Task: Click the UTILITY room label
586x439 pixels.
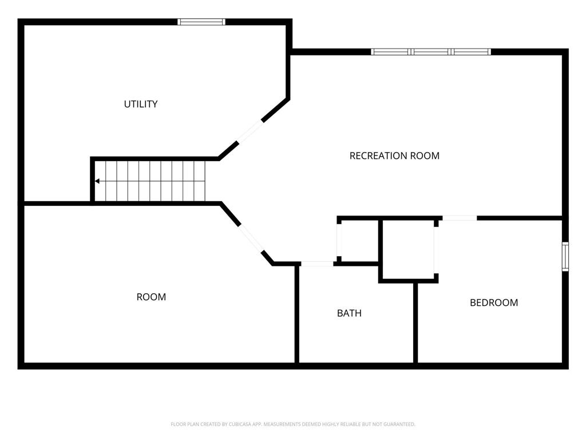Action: click(141, 104)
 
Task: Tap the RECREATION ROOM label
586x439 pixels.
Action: click(394, 155)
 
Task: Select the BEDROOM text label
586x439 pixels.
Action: click(494, 302)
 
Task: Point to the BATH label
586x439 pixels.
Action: click(349, 313)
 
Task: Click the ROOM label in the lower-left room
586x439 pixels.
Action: click(151, 297)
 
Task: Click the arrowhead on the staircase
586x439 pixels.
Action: click(97, 181)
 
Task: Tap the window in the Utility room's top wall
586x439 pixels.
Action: click(201, 22)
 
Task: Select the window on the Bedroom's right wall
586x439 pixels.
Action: click(565, 256)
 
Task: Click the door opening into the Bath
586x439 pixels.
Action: click(317, 264)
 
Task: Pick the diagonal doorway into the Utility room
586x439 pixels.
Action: click(250, 131)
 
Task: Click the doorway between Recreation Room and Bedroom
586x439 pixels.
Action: click(460, 218)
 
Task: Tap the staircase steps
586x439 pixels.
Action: click(149, 181)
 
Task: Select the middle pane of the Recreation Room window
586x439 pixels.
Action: click(431, 52)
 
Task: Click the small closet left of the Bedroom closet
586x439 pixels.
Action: click(359, 241)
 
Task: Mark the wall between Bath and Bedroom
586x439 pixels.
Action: click(415, 322)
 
